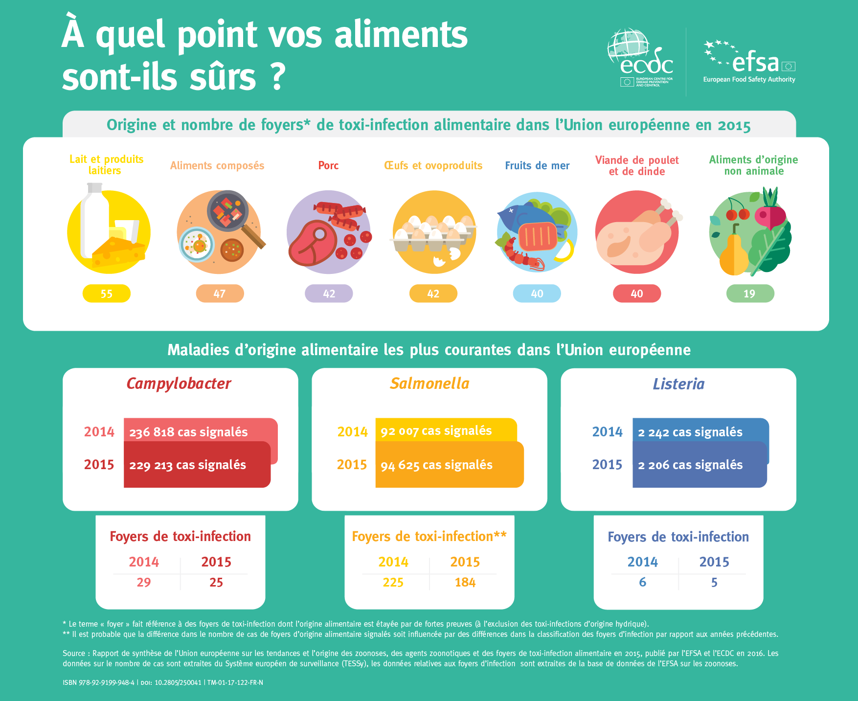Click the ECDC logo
(640, 58)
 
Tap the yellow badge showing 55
(107, 294)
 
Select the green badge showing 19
(750, 294)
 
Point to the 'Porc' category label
(328, 165)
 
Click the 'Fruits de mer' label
(537, 165)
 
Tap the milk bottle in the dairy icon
(94, 220)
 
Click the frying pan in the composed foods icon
(228, 211)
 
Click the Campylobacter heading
(179, 384)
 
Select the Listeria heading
(678, 384)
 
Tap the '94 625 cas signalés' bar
(449, 465)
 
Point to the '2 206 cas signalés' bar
(699, 465)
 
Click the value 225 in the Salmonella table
(393, 582)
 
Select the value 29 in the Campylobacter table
(144, 582)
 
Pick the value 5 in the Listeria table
(714, 582)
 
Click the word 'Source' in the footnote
(74, 654)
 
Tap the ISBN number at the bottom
(98, 682)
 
